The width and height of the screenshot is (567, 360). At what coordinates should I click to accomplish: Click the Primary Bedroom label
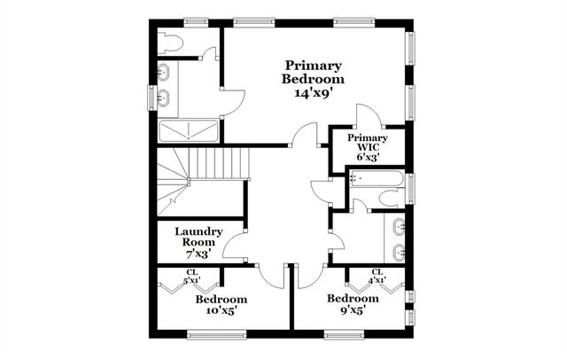(x=313, y=71)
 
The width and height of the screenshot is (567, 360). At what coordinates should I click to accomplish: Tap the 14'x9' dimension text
(x=314, y=92)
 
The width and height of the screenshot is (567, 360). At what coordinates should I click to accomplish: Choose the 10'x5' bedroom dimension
(x=221, y=312)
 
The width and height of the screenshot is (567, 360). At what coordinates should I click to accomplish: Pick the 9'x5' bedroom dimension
(x=352, y=311)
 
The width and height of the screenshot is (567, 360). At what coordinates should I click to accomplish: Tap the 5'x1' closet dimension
(x=192, y=280)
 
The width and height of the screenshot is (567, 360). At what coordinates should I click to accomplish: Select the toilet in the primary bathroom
(x=170, y=43)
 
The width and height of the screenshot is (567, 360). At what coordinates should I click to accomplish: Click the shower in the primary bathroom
(x=188, y=132)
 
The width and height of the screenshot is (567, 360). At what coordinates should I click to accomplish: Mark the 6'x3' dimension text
(x=367, y=158)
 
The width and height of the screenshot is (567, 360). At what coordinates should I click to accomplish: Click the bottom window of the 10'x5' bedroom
(x=215, y=334)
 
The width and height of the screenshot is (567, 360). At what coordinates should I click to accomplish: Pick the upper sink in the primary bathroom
(x=165, y=71)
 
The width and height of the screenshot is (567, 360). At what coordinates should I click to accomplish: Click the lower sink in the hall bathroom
(x=398, y=250)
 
